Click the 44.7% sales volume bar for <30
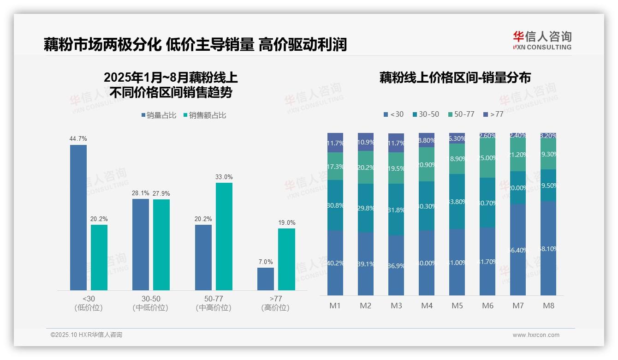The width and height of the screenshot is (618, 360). (x=78, y=217)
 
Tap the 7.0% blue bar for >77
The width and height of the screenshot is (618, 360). (x=266, y=279)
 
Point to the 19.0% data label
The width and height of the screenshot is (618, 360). (x=287, y=222)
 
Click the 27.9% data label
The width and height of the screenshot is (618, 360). (x=161, y=193)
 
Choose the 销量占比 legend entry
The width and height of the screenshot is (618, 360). (x=159, y=115)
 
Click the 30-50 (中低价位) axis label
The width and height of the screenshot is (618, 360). (x=150, y=303)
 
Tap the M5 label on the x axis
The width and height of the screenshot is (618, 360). (x=457, y=306)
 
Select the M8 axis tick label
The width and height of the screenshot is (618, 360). (x=548, y=306)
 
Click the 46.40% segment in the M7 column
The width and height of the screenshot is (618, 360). (x=518, y=250)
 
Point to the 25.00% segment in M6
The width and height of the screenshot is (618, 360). (x=487, y=157)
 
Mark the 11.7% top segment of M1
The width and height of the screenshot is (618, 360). (x=335, y=143)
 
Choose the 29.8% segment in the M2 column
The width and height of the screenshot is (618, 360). (x=366, y=208)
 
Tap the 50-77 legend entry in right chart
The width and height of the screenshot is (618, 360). (x=461, y=114)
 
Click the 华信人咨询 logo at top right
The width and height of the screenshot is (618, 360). (x=542, y=40)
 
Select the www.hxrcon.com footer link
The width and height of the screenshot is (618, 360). (x=535, y=335)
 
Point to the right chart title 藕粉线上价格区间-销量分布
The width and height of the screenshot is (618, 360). (x=455, y=78)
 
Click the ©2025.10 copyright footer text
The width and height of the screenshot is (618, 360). (x=86, y=335)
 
